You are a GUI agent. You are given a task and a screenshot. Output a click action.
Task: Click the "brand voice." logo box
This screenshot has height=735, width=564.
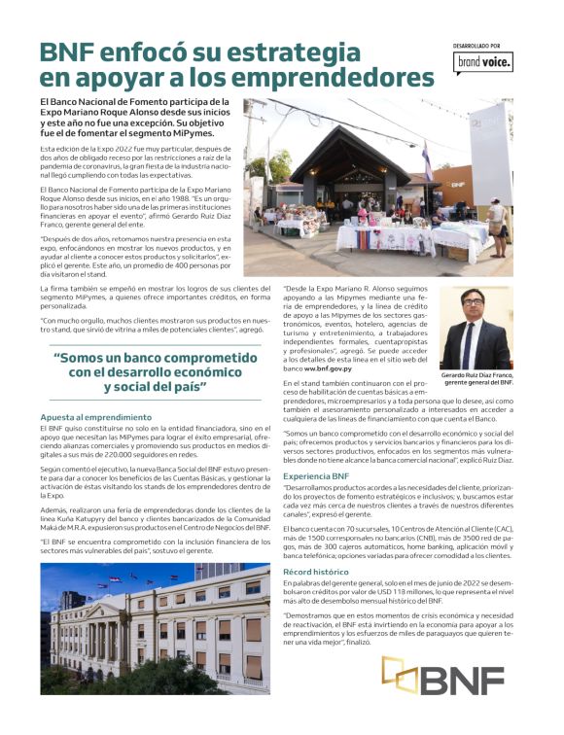tap(483, 64)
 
